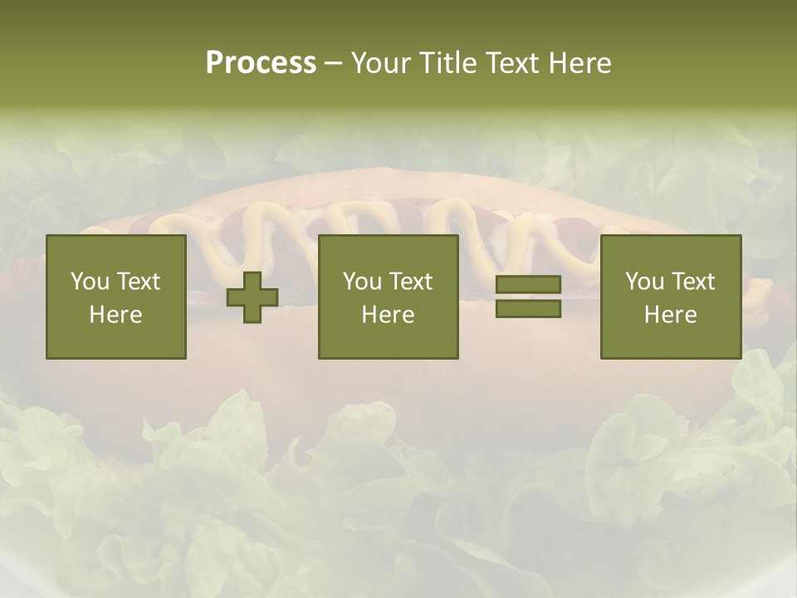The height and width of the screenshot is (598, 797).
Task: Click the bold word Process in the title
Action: pos(261,63)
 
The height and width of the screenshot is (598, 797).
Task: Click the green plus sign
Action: pos(252,297)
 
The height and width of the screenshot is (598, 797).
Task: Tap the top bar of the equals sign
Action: pos(528,285)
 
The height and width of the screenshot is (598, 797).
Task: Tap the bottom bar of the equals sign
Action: pos(528,309)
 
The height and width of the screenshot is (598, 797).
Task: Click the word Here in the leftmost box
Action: pos(116,315)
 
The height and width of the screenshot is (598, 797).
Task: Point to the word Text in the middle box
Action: pos(411,282)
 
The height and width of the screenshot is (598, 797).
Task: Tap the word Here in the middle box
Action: pos(389,315)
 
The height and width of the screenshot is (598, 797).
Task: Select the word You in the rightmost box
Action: pos(644,282)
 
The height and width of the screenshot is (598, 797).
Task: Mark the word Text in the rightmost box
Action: pos(693,282)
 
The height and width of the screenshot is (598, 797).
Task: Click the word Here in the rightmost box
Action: pos(671,315)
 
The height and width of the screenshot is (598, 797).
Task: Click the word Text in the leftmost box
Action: pos(139,282)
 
